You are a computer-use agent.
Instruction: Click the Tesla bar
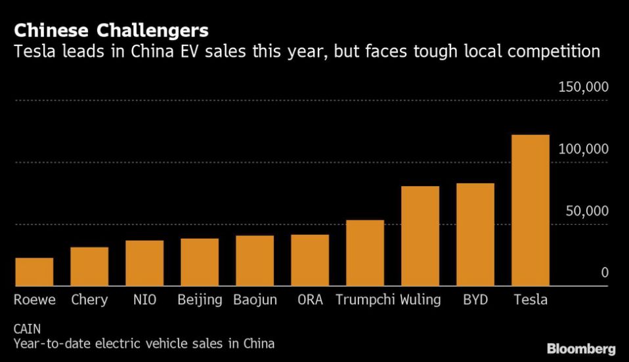530,211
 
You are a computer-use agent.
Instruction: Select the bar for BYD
475,235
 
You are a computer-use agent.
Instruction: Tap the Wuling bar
420,236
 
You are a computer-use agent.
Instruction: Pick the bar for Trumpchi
364,253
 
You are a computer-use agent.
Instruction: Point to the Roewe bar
34,272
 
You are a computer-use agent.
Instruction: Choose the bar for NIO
144,263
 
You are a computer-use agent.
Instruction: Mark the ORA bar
310,260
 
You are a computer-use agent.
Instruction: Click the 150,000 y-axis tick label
583,87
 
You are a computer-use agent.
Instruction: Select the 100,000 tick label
583,149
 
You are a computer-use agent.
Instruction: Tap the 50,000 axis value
586,211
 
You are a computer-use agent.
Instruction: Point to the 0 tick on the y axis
605,273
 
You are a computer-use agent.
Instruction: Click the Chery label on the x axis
89,300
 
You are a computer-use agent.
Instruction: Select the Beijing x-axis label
200,300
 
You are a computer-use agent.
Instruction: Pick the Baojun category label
255,300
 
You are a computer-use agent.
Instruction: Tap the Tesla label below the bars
530,300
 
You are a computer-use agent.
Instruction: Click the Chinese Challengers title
111,30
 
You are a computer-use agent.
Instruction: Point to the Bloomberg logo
580,348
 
